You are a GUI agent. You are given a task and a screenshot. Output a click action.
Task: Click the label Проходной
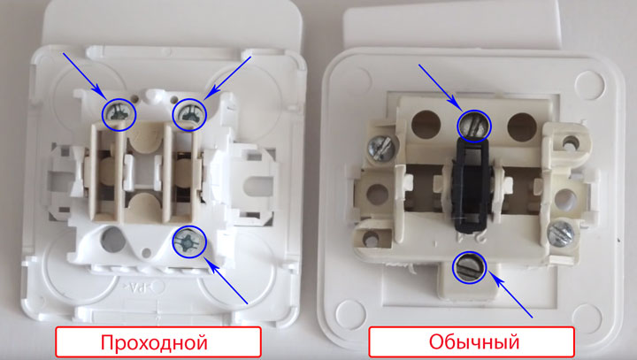click(158, 341)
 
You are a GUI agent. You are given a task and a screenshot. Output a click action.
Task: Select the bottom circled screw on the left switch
click(188, 239)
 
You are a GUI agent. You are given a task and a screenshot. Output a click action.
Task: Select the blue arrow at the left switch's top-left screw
click(84, 76)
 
